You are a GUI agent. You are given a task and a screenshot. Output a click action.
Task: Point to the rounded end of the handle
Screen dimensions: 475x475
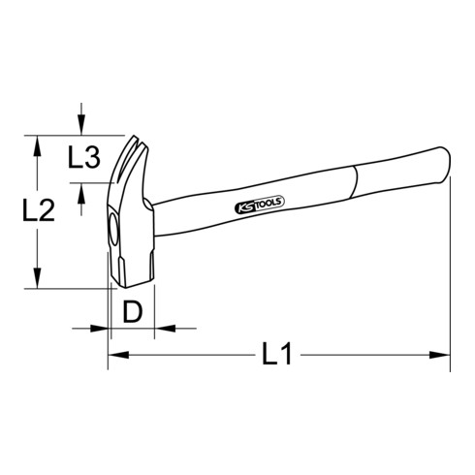[445, 166]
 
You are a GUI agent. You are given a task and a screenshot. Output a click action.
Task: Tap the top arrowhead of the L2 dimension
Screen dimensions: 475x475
[37, 142]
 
